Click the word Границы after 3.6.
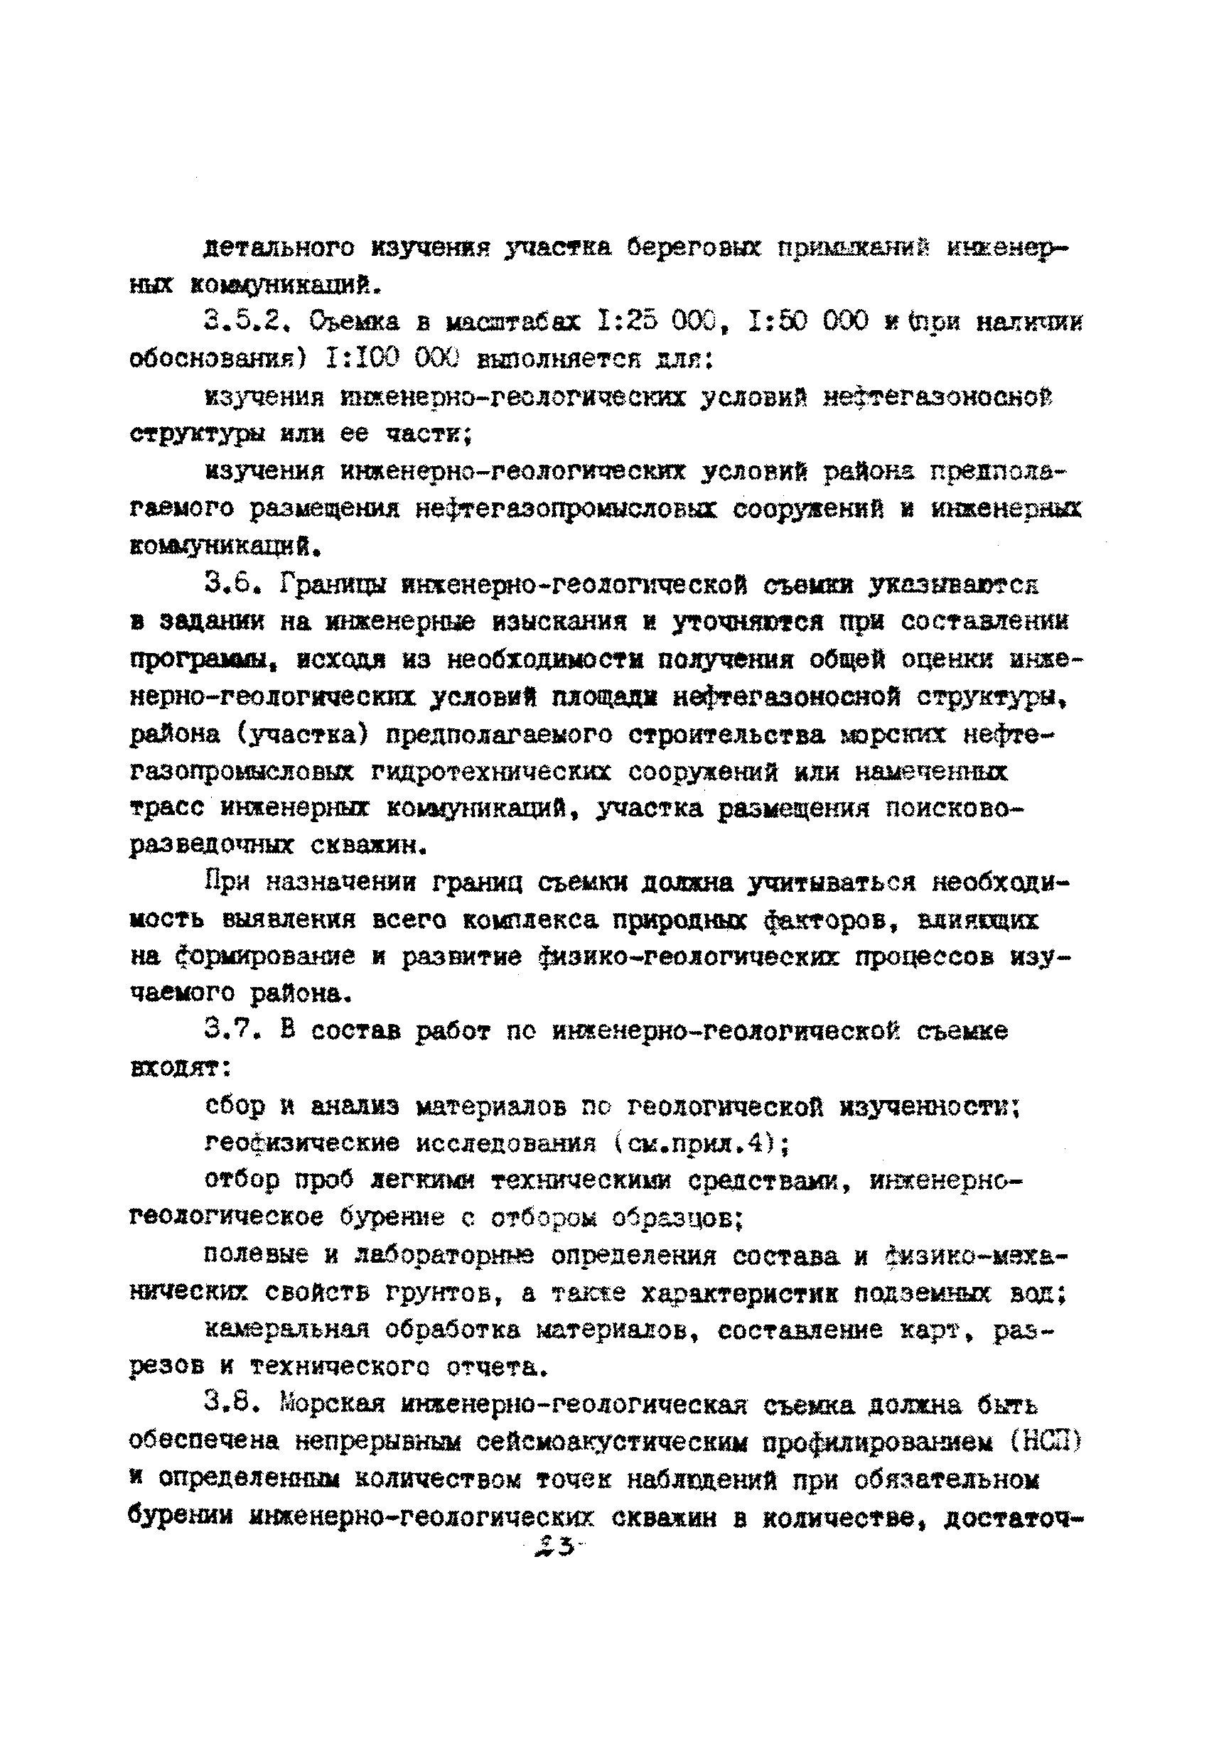tap(333, 583)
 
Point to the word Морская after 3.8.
tap(333, 1403)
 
